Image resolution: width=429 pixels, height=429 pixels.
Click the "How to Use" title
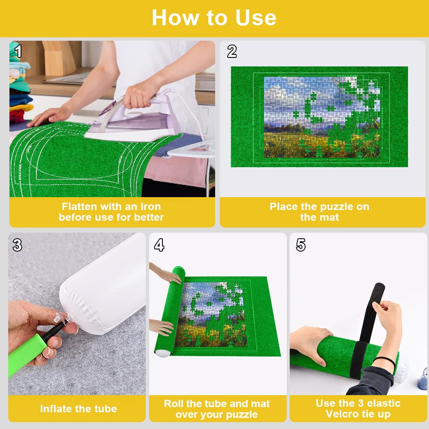click(x=214, y=18)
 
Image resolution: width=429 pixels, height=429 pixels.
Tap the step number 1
click(x=18, y=51)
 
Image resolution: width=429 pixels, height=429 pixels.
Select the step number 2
click(x=232, y=51)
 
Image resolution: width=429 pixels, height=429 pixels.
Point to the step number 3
click(x=17, y=245)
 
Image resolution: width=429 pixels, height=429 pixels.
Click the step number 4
click(x=159, y=245)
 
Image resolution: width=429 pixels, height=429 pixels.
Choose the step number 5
click(x=301, y=245)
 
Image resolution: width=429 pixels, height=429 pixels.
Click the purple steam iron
click(x=137, y=120)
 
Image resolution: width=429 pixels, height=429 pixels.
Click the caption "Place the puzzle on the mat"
click(x=319, y=212)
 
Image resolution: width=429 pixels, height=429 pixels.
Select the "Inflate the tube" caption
click(x=78, y=409)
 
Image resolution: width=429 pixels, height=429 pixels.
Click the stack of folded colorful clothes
click(x=20, y=86)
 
